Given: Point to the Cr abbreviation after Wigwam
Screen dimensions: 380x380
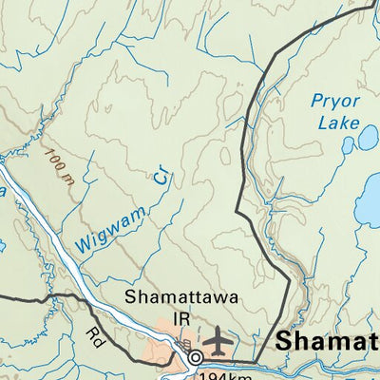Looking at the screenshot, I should click(161, 178).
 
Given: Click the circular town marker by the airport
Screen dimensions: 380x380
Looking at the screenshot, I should click(196, 358).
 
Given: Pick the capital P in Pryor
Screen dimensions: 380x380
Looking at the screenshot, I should click(315, 101).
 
